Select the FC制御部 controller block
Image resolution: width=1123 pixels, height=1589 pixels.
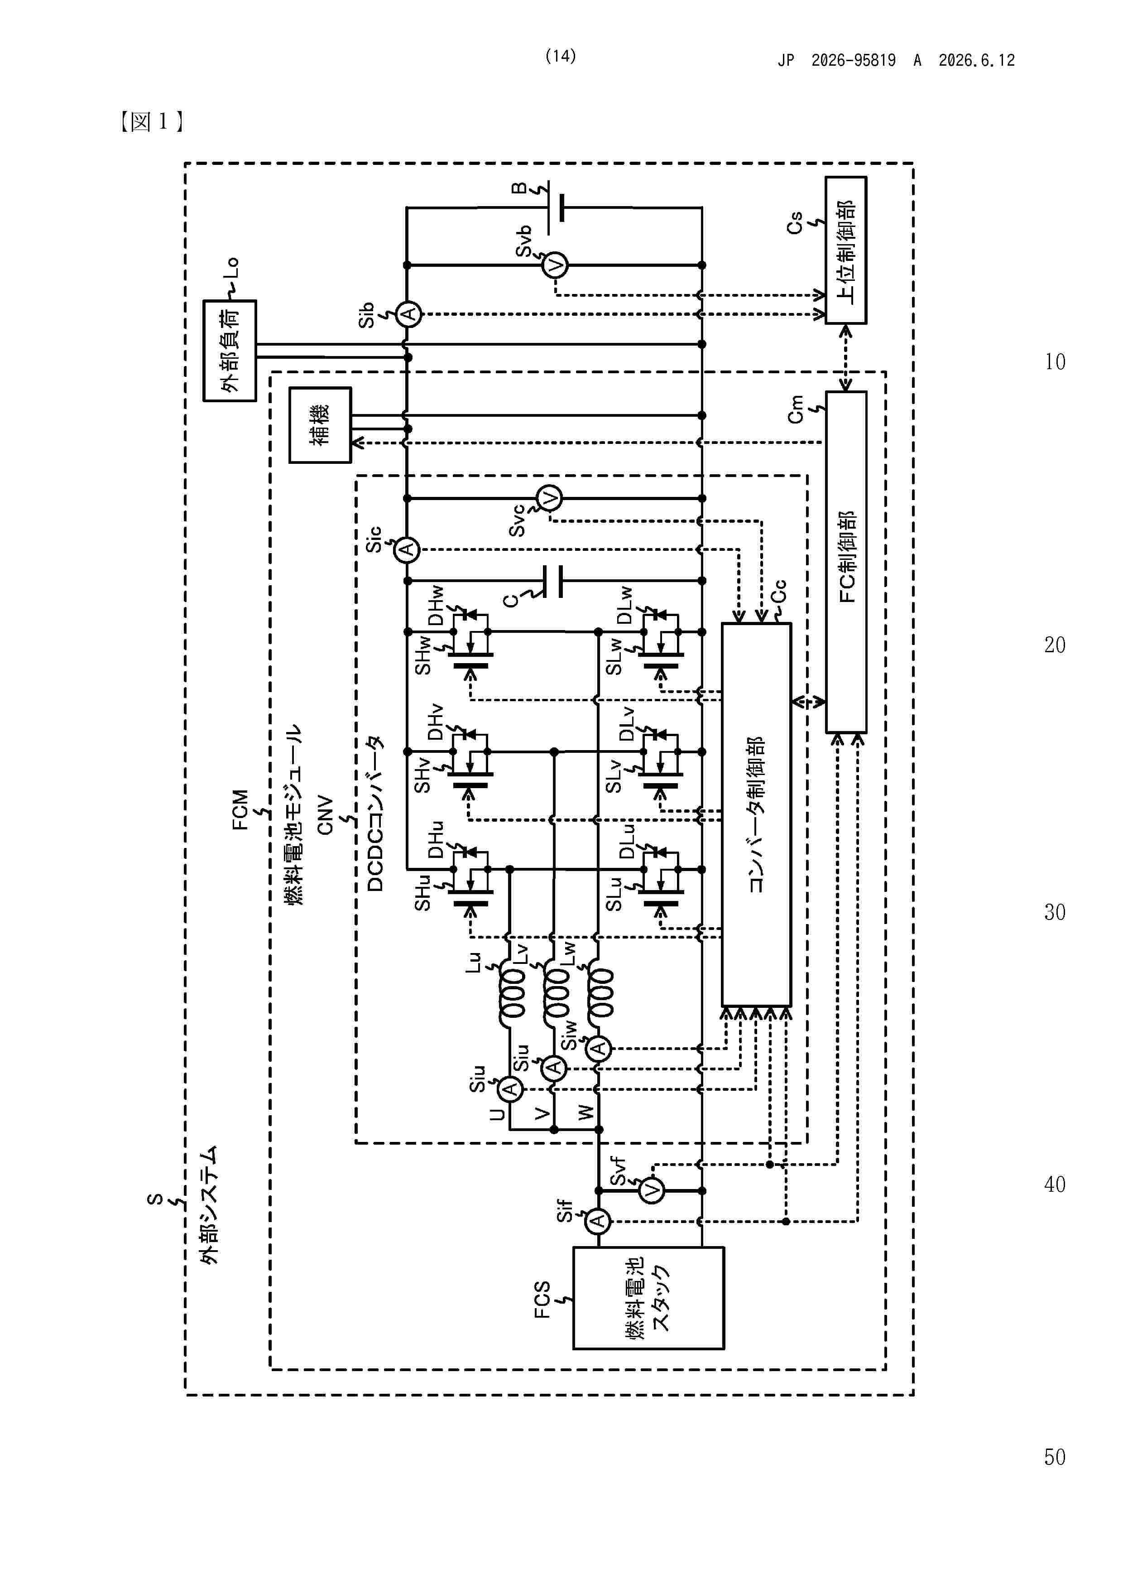[845, 562]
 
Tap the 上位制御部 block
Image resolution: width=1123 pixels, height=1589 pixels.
[845, 250]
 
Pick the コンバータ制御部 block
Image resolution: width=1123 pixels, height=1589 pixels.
[756, 814]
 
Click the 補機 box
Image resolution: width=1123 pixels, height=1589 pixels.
[320, 425]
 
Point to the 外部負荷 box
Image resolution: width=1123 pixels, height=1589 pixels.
[230, 350]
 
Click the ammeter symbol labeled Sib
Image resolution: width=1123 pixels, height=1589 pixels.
[408, 315]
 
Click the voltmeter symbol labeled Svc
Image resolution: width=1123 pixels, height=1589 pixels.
[549, 498]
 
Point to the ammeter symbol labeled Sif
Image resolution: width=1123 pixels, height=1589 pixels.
[599, 1221]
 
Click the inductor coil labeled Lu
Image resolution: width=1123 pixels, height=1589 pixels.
[513, 993]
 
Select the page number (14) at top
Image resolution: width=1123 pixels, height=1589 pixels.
[561, 56]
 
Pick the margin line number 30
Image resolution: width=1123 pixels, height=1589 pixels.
[1055, 912]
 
